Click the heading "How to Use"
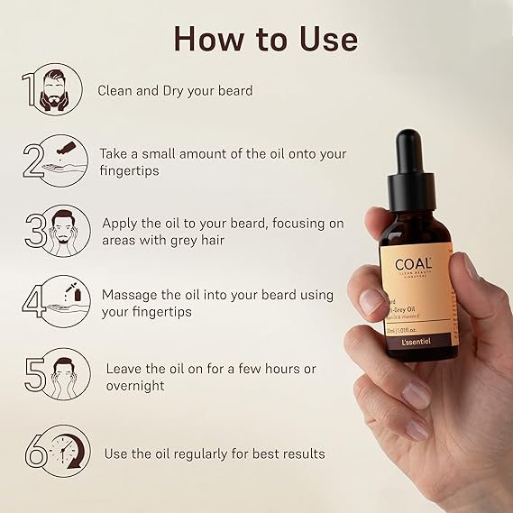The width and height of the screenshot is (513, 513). tap(265, 38)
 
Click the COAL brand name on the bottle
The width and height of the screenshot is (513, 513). tap(414, 265)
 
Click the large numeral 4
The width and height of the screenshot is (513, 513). tap(32, 303)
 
